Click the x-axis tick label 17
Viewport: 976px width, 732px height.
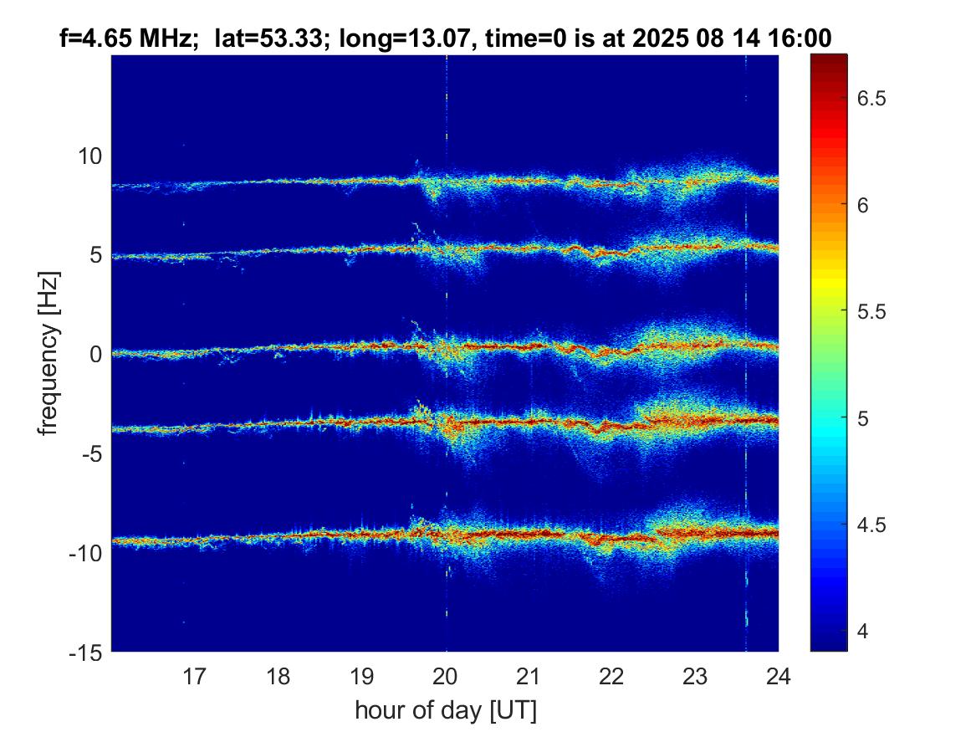tap(195, 675)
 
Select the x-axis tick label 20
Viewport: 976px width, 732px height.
tap(446, 675)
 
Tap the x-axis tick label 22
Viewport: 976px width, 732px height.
tap(612, 675)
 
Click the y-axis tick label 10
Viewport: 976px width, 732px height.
tap(89, 156)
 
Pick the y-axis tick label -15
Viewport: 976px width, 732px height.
tap(84, 652)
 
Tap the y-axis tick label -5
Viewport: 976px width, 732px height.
tap(89, 453)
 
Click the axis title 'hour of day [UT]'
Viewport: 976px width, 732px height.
tap(445, 710)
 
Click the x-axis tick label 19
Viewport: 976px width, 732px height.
tap(361, 675)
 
